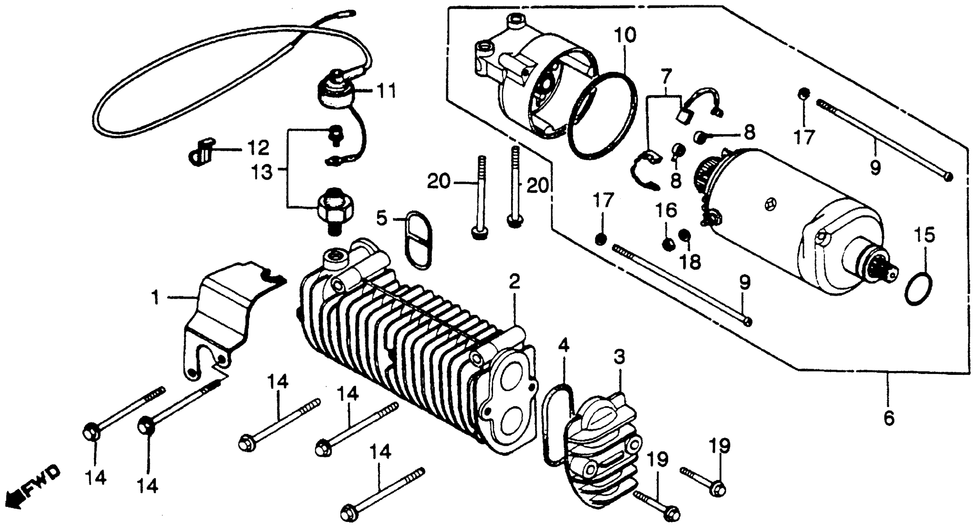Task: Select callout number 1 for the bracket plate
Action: [155, 298]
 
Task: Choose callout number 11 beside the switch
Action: [387, 91]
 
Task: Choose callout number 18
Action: [690, 261]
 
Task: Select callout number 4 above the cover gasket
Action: [563, 346]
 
